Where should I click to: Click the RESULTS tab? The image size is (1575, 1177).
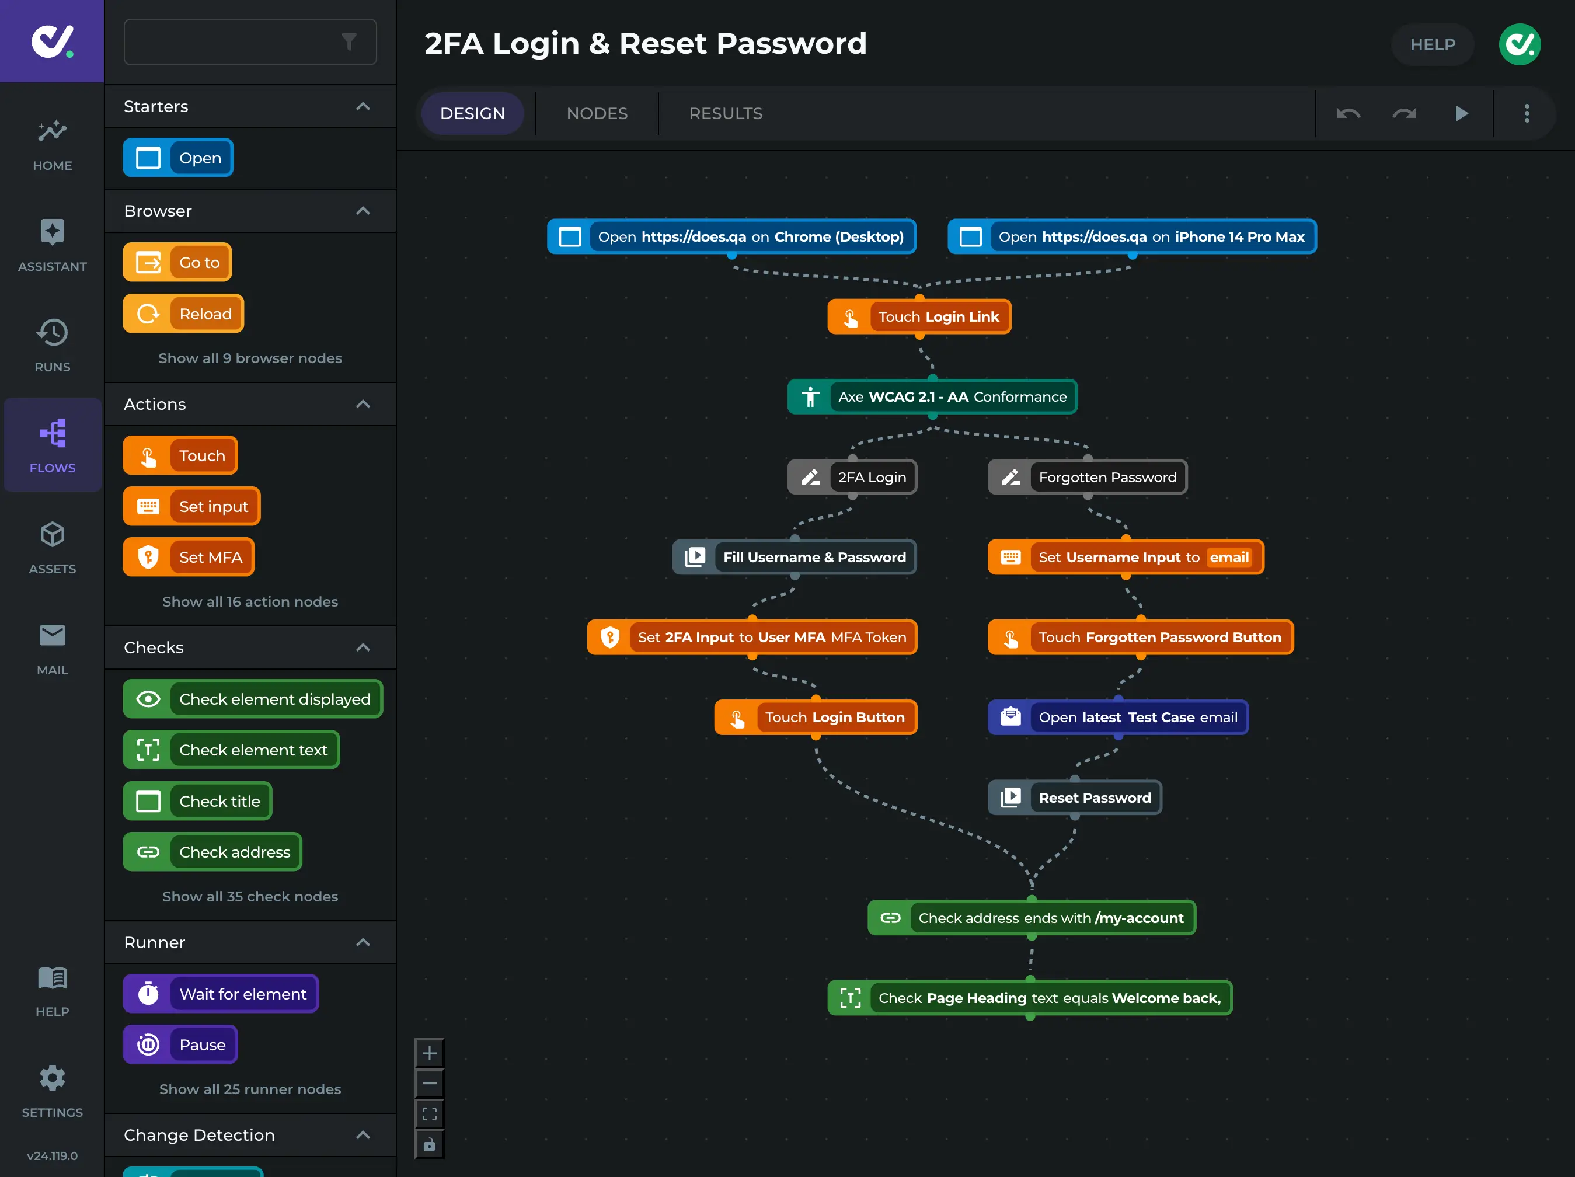[x=725, y=113]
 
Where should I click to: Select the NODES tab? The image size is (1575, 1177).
[x=597, y=113]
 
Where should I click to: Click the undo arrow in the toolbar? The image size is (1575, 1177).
[x=1347, y=113]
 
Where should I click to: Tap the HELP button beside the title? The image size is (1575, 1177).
[x=1432, y=44]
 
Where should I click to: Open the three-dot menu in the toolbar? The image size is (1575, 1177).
[x=1526, y=113]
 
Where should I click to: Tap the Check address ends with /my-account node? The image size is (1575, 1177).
[x=1031, y=918]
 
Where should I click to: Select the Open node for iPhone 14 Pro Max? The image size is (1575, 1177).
[x=1131, y=236]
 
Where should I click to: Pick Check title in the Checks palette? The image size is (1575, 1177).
[x=197, y=801]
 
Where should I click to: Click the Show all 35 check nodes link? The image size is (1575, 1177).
[x=250, y=896]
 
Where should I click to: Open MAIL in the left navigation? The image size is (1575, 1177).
[x=52, y=648]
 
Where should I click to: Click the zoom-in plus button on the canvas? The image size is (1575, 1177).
[x=429, y=1053]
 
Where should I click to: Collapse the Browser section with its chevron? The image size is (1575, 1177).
[x=363, y=211]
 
